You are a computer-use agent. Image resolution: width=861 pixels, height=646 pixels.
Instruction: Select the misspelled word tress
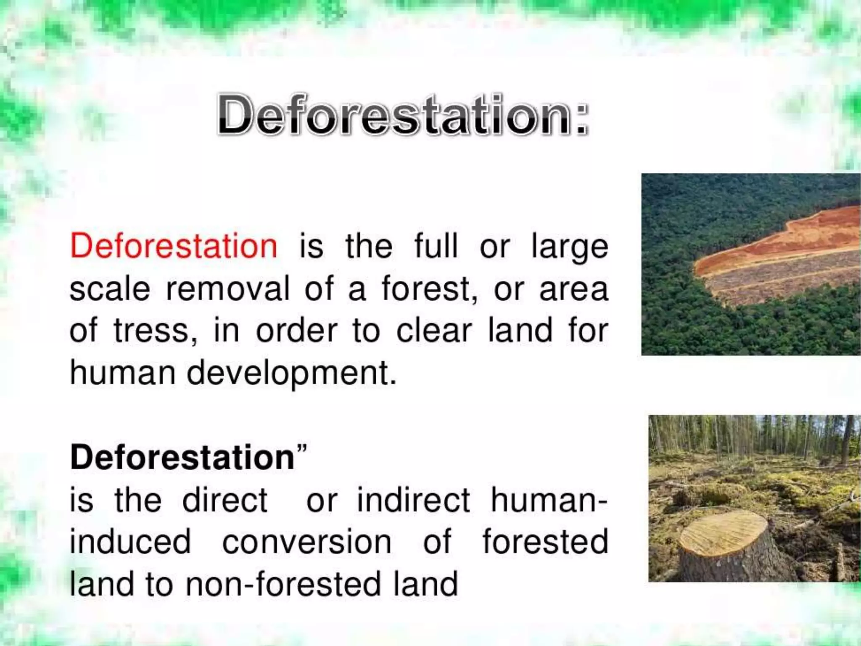click(152, 331)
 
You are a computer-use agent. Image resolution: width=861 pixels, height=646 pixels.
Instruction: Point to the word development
click(291, 373)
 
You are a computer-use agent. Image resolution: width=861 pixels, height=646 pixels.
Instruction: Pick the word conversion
click(306, 542)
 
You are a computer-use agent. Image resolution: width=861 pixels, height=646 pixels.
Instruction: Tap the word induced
click(130, 542)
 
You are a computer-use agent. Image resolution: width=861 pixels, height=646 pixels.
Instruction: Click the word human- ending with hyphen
click(549, 500)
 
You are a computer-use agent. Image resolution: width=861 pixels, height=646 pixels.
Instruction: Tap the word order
click(296, 331)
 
